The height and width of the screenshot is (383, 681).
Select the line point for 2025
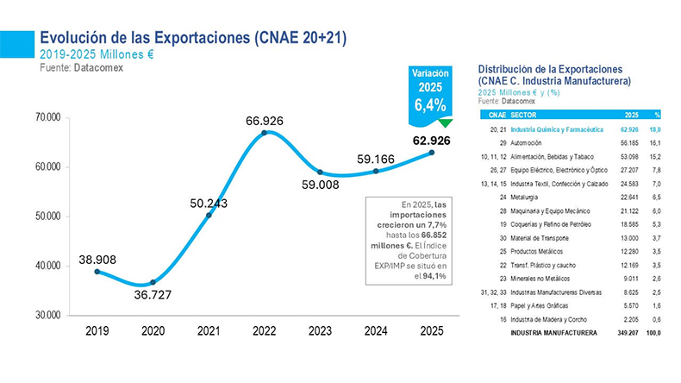pyautogui.click(x=431, y=153)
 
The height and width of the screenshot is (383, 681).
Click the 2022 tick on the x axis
pyautogui.click(x=265, y=330)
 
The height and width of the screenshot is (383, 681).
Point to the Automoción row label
pyautogui.click(x=526, y=141)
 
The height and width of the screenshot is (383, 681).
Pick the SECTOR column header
pyautogui.click(x=522, y=115)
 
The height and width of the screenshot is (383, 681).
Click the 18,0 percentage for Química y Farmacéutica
pyautogui.click(x=655, y=128)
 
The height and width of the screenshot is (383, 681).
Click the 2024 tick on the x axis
pyautogui.click(x=376, y=330)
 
